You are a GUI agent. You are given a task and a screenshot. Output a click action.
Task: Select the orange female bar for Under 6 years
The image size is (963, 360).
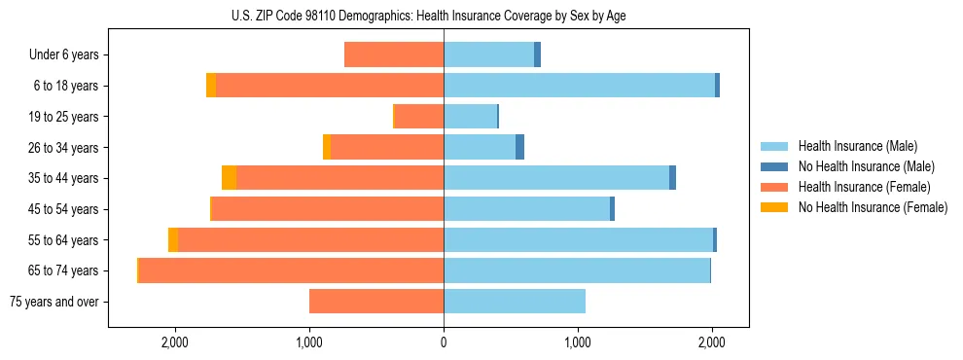pos(394,54)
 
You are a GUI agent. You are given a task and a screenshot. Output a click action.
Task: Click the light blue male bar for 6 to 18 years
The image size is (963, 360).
pos(579,86)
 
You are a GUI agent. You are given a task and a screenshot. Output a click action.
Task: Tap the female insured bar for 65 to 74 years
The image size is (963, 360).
pos(292,270)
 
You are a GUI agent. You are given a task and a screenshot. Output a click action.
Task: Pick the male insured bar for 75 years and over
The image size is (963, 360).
pos(515,302)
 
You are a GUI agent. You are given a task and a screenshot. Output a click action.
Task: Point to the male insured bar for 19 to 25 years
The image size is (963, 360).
pos(470,117)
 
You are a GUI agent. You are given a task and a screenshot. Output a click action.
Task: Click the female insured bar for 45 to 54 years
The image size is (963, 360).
pos(328,209)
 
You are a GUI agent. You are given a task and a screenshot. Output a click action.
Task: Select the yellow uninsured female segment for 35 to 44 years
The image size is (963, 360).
pos(229,178)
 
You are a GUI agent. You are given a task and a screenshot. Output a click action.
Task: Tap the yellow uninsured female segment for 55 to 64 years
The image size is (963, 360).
pos(173,240)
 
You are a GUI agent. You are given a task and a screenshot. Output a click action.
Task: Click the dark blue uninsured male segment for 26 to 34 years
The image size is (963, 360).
pos(520,147)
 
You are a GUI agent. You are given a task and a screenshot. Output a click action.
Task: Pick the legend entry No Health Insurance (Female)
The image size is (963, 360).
pos(873,207)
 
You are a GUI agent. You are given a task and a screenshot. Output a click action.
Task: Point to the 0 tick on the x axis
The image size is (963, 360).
pos(444,342)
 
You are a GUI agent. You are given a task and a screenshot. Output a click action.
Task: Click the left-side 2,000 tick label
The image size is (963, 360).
pos(175,342)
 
